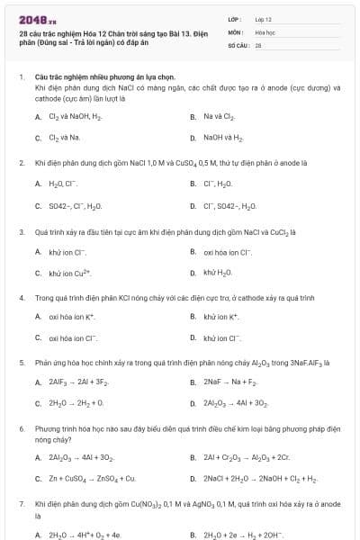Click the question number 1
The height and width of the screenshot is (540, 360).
tap(22, 77)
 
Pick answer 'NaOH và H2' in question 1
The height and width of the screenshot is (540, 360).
tap(222, 138)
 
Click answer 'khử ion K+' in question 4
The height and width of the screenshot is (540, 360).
tap(220, 317)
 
